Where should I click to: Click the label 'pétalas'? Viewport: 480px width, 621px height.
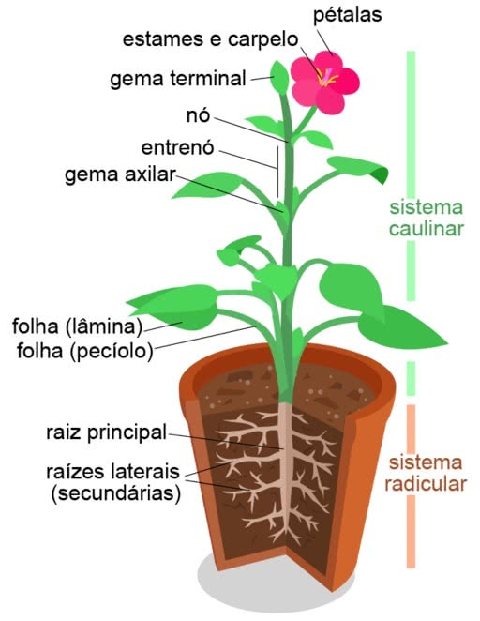pos(347,15)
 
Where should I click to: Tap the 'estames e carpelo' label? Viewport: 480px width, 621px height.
pos(210,39)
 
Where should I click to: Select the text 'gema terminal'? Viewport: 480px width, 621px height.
pos(178,79)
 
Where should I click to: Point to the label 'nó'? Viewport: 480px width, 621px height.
pos(198,115)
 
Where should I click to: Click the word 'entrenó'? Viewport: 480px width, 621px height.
pos(178,147)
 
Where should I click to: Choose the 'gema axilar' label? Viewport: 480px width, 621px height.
pos(120,174)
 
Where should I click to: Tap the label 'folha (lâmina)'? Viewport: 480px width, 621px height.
pos(77,326)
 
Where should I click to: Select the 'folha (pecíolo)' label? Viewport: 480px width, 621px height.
pos(84,351)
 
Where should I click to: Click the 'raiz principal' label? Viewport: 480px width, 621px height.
pos(106,432)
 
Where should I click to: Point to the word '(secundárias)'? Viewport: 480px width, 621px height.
pos(116,493)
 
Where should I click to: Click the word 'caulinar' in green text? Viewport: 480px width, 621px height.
pos(427,229)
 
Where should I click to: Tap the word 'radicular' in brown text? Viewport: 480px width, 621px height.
pos(426,483)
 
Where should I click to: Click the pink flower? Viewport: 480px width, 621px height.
pos(325,83)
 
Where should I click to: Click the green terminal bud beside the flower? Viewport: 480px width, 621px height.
pos(279,77)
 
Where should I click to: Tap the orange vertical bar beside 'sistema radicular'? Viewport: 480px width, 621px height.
pos(412,486)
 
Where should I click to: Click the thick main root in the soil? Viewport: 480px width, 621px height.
pos(284,467)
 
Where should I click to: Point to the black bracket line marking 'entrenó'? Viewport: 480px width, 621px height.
pos(277,172)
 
